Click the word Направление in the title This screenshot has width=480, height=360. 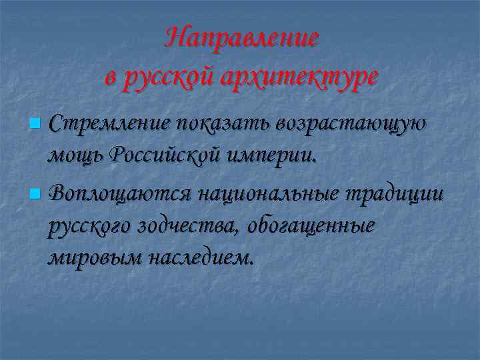[242, 37]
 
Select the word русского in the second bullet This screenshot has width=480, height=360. [90, 227]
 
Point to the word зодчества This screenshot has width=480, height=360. [188, 225]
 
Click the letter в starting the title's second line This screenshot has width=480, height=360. [111, 77]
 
